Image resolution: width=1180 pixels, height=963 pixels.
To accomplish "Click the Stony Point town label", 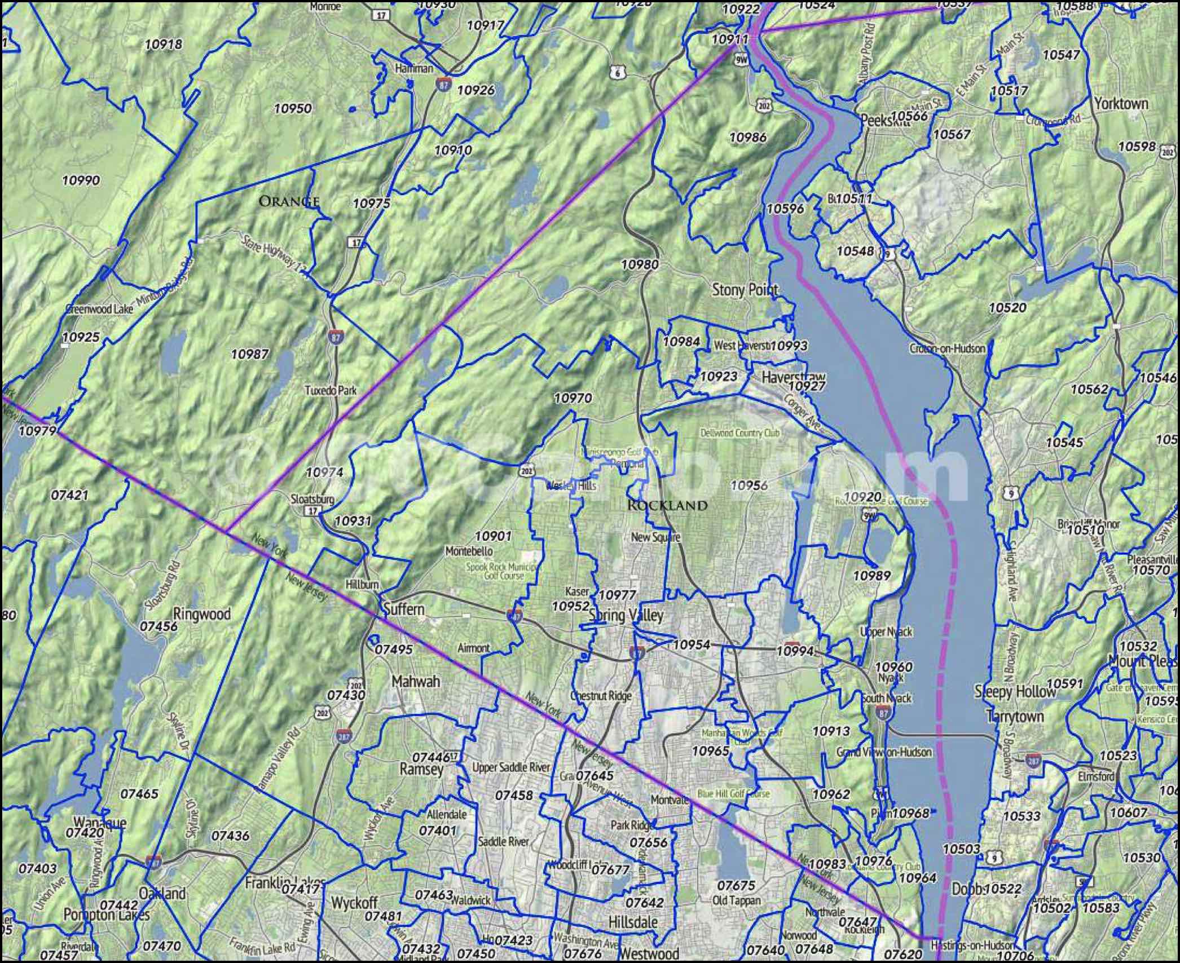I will click(x=745, y=290).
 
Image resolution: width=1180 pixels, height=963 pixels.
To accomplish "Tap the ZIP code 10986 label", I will click(x=748, y=137).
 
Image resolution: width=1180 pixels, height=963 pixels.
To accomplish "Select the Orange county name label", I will click(x=289, y=201).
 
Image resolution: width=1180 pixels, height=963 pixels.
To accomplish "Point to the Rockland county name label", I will click(x=667, y=505).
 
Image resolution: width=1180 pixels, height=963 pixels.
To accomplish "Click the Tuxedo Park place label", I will click(x=331, y=390).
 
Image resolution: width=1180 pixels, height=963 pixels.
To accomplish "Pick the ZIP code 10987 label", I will click(x=250, y=354).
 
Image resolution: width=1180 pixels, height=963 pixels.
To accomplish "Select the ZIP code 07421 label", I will click(x=69, y=495).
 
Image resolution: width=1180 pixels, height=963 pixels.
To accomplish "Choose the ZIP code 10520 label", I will click(x=1007, y=307).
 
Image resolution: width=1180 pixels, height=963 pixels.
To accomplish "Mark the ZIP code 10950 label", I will click(x=292, y=108).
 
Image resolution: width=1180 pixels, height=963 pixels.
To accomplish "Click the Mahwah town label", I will click(x=416, y=682).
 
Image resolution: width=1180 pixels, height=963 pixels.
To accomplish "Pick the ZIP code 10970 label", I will click(x=573, y=398).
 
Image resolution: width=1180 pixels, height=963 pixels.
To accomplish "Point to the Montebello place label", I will click(x=469, y=550).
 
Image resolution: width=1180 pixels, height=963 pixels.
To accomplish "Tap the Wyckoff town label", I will click(x=354, y=902).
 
